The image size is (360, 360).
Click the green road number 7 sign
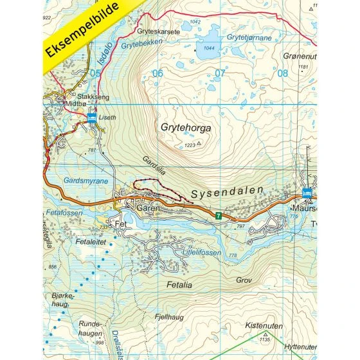pos(219,216)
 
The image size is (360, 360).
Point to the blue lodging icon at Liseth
pos(91,117)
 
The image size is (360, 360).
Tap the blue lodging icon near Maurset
pos(307,193)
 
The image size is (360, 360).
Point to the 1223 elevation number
pos(189,146)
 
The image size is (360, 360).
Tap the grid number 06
pos(157,73)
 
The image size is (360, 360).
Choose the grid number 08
pos(282,73)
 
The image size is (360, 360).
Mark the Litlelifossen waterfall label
pos(201,253)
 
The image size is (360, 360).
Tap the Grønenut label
pos(296,56)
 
